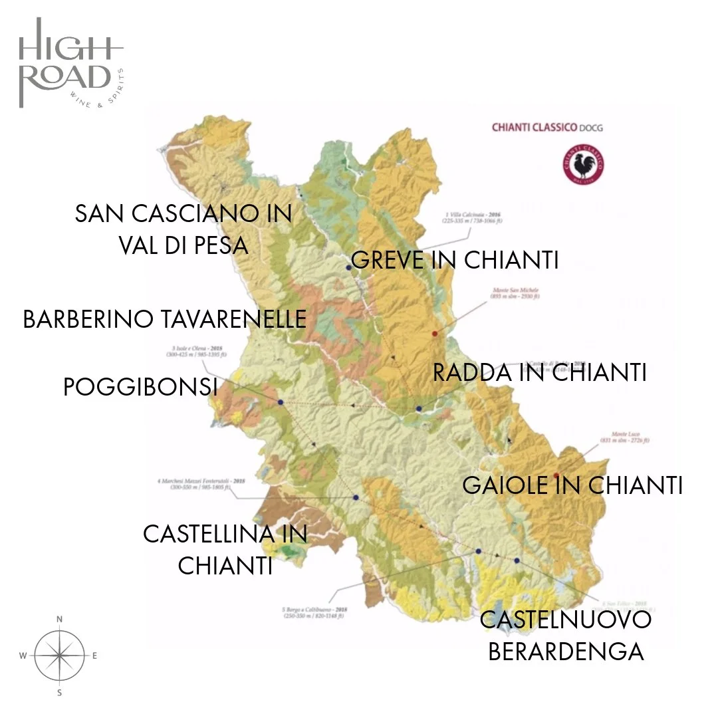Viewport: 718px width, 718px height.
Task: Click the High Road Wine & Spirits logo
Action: [70, 63]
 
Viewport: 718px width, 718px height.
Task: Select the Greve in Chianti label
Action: [455, 260]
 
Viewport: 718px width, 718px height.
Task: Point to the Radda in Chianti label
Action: [539, 372]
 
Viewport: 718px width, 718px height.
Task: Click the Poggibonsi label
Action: [140, 386]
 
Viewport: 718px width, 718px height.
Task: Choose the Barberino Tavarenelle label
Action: [165, 319]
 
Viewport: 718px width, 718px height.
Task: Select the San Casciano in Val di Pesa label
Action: [183, 229]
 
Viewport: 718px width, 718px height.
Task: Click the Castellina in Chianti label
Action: [225, 549]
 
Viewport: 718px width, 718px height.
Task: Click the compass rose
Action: [59, 655]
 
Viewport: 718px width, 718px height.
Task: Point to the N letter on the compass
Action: [59, 620]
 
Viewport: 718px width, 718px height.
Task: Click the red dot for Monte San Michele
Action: [435, 333]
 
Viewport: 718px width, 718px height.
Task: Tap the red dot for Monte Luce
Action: [556, 475]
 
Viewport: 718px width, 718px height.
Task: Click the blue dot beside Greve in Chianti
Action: [348, 267]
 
